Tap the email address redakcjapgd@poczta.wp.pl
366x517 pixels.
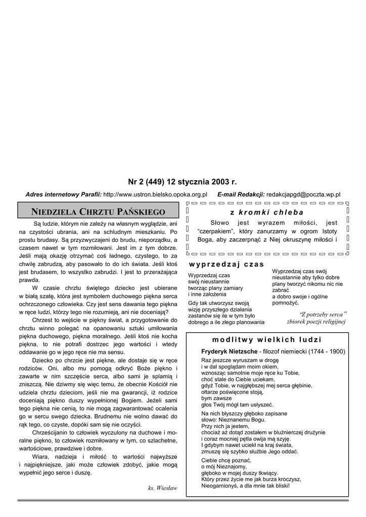pos(303,194)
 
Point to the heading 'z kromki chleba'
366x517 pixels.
pos(267,212)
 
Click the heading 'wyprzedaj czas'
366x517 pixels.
pos(226,264)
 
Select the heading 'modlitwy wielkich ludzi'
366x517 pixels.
pos(267,339)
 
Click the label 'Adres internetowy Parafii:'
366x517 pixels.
pos(64,194)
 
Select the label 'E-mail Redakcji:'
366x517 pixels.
pos(241,194)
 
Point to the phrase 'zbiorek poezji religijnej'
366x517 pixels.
pos(316,321)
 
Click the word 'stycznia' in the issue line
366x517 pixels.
pos(187,182)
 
